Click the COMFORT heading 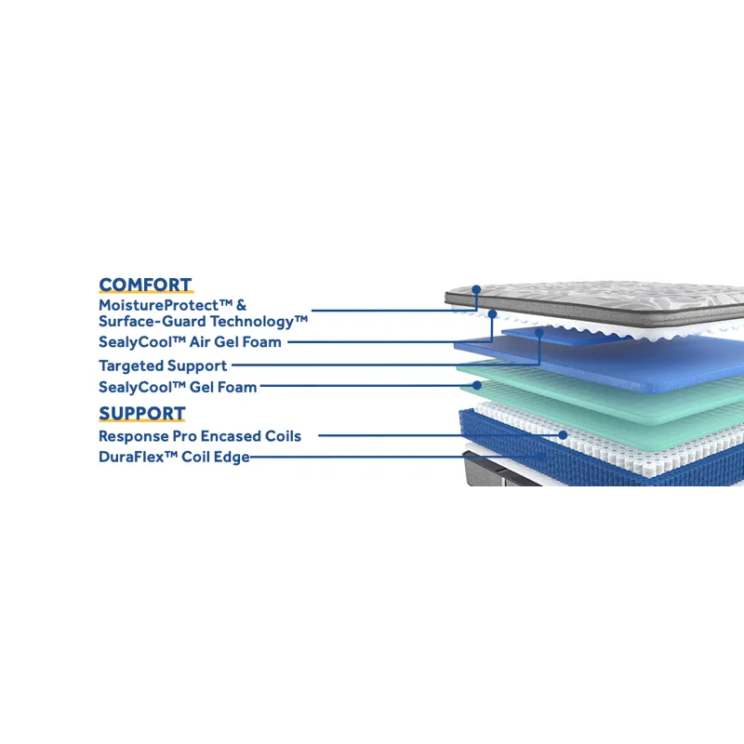145,286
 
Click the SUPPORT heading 141,414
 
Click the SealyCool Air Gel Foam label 190,342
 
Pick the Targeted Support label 163,365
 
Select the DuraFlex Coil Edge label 174,457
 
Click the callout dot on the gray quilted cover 476,290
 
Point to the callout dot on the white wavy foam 491,314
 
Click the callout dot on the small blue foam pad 539,331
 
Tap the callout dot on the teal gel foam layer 477,384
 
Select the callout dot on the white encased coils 563,434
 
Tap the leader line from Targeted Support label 372,365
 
